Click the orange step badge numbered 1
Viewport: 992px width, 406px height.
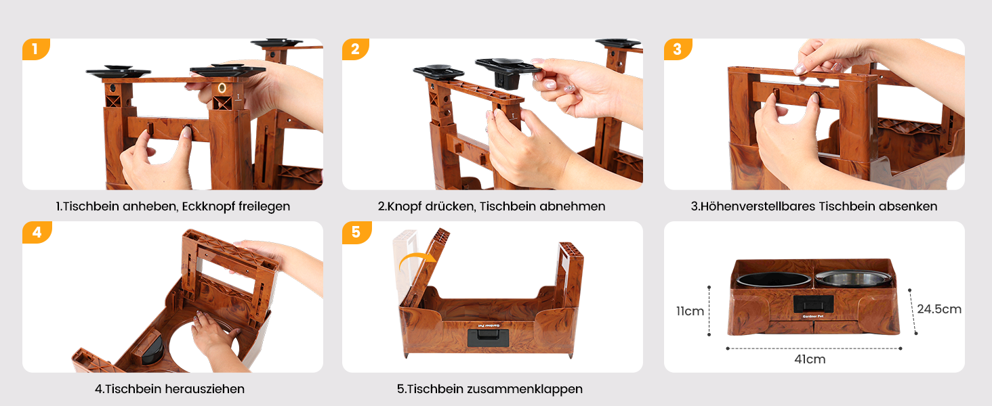tap(36, 49)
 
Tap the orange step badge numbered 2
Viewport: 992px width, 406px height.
tap(356, 49)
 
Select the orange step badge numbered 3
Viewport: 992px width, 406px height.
tap(678, 49)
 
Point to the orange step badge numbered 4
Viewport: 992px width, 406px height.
tap(37, 232)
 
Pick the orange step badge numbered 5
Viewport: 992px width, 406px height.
tap(356, 232)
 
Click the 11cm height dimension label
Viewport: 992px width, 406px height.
tap(690, 311)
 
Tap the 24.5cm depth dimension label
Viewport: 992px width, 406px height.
tap(939, 309)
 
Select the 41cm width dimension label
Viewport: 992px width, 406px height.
tap(810, 359)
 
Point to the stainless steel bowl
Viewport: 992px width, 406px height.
tap(853, 279)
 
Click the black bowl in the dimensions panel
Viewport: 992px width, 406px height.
tap(774, 279)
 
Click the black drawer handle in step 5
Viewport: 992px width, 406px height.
tap(488, 338)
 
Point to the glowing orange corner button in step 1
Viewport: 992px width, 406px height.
tap(222, 87)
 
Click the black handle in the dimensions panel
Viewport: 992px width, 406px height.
tap(813, 304)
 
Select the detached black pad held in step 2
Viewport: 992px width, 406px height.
tap(508, 71)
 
